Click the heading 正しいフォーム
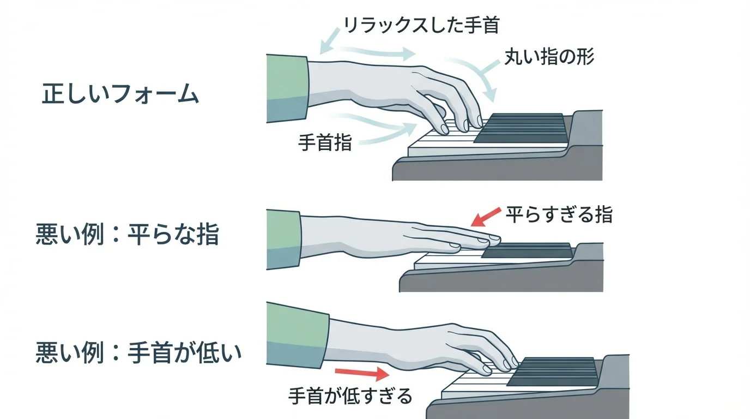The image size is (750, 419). point(120,95)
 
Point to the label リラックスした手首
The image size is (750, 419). point(421,25)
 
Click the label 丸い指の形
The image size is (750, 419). point(548,57)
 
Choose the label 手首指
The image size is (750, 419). point(325,143)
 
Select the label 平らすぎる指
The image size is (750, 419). point(559,214)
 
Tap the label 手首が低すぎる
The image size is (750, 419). point(350,396)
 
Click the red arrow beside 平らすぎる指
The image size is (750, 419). point(485,216)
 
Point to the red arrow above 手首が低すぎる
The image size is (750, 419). point(361,373)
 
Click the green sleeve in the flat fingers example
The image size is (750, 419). point(283,238)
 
